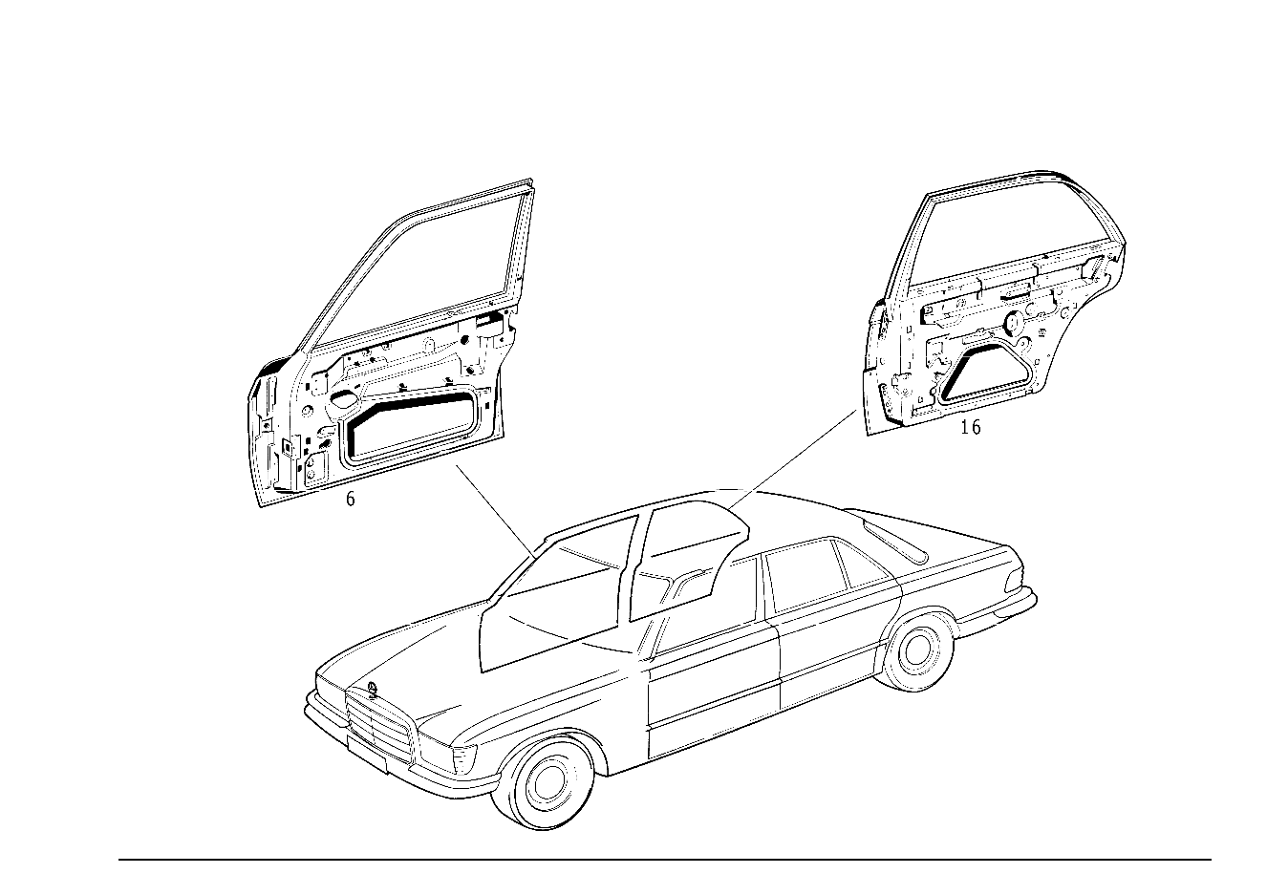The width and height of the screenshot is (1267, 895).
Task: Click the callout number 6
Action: [x=350, y=500]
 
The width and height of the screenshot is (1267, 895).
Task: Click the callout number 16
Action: [x=971, y=427]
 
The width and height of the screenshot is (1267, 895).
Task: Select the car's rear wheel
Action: [x=918, y=650]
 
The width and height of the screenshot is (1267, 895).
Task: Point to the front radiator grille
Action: [x=381, y=724]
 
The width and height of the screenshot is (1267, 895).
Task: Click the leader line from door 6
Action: [x=496, y=510]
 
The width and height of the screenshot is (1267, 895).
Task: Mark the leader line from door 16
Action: [x=792, y=459]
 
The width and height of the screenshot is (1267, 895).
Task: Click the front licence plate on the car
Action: [x=368, y=753]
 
